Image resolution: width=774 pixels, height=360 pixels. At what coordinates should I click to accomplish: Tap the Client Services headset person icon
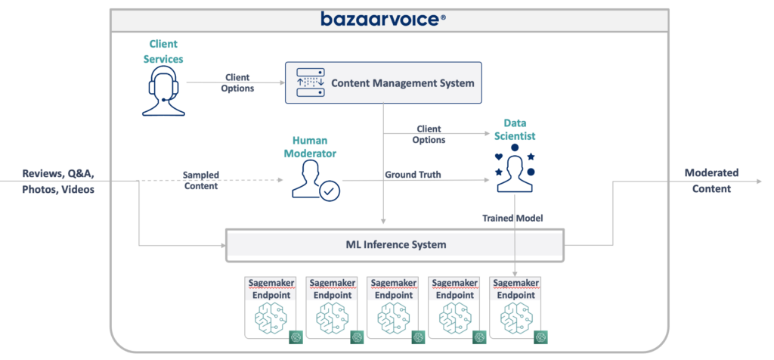(x=164, y=92)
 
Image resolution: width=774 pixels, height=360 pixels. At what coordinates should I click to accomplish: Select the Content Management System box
(x=382, y=82)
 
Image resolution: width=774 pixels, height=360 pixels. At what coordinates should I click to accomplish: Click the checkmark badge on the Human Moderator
(x=329, y=192)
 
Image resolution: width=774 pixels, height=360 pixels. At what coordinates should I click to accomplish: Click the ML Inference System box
(x=395, y=244)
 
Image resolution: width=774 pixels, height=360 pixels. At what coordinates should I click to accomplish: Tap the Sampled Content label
(x=200, y=180)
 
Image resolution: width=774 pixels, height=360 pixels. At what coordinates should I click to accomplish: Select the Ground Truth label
(x=413, y=175)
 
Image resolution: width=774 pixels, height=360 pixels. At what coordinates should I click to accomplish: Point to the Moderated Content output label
(x=711, y=181)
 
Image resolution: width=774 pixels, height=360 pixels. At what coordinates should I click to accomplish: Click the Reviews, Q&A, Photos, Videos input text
(x=59, y=182)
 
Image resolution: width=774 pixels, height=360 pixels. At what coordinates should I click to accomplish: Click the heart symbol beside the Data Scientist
(x=498, y=157)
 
